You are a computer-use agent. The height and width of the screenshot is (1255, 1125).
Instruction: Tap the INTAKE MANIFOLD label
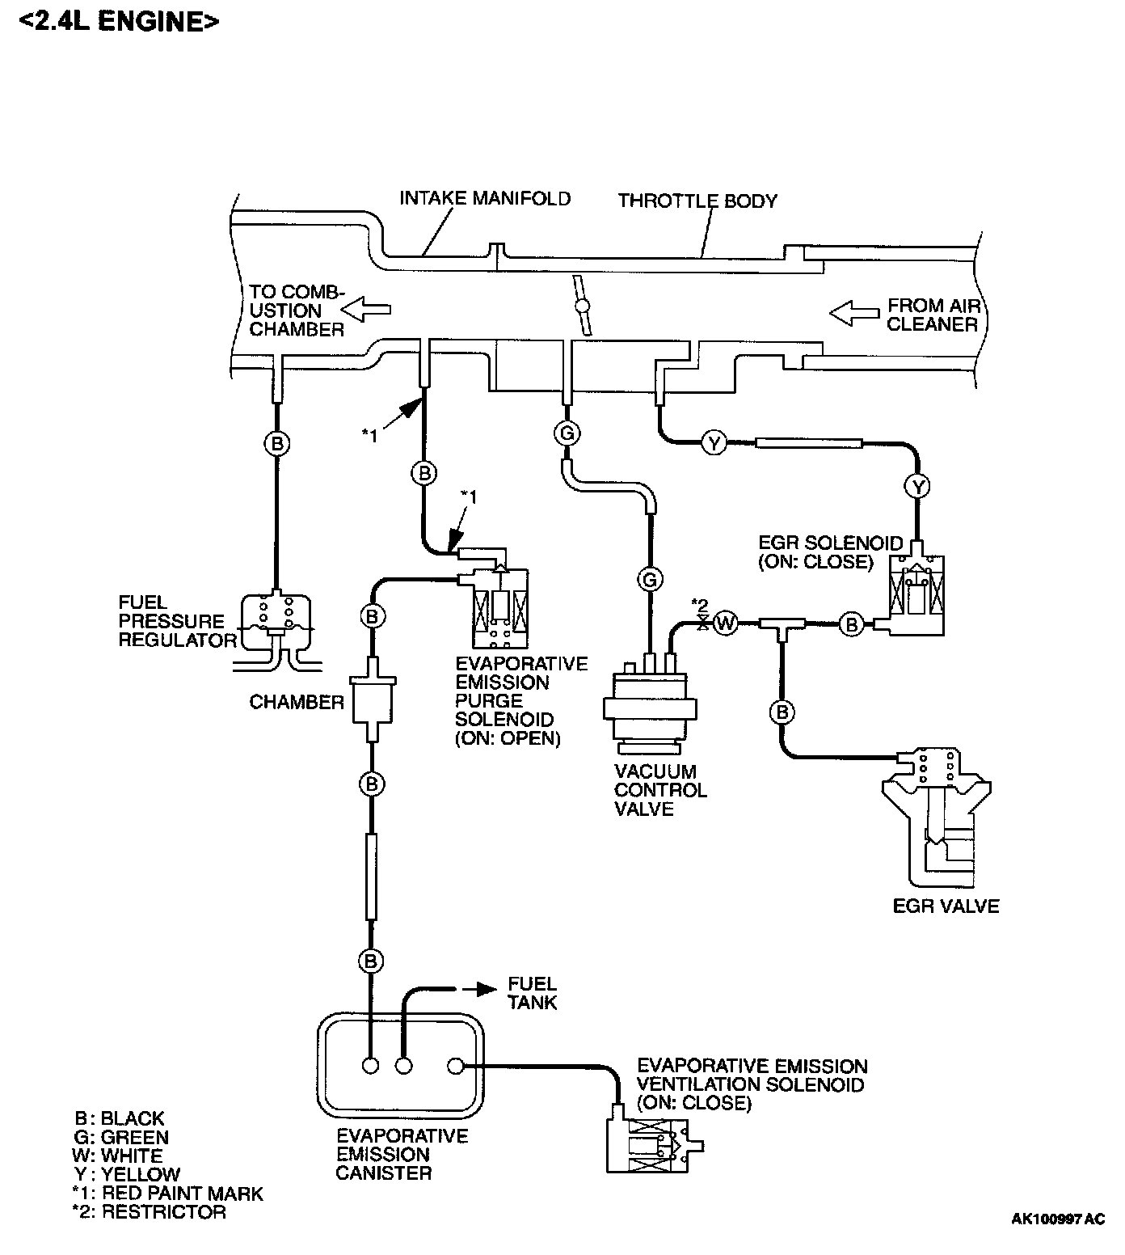[485, 198]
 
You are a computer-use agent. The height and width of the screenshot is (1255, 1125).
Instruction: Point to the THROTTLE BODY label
[697, 201]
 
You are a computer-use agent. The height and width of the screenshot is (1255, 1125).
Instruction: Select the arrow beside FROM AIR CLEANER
[853, 313]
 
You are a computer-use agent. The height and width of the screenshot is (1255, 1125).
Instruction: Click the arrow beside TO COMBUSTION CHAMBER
[366, 309]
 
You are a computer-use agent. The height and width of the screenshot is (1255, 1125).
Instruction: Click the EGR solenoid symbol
[916, 590]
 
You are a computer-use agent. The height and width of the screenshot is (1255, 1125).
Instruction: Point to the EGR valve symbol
[937, 817]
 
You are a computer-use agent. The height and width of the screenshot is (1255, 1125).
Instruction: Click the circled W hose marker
[726, 623]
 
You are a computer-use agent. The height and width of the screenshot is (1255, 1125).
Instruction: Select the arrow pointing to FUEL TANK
[482, 989]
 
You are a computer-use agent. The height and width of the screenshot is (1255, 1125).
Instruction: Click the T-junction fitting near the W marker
[782, 625]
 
